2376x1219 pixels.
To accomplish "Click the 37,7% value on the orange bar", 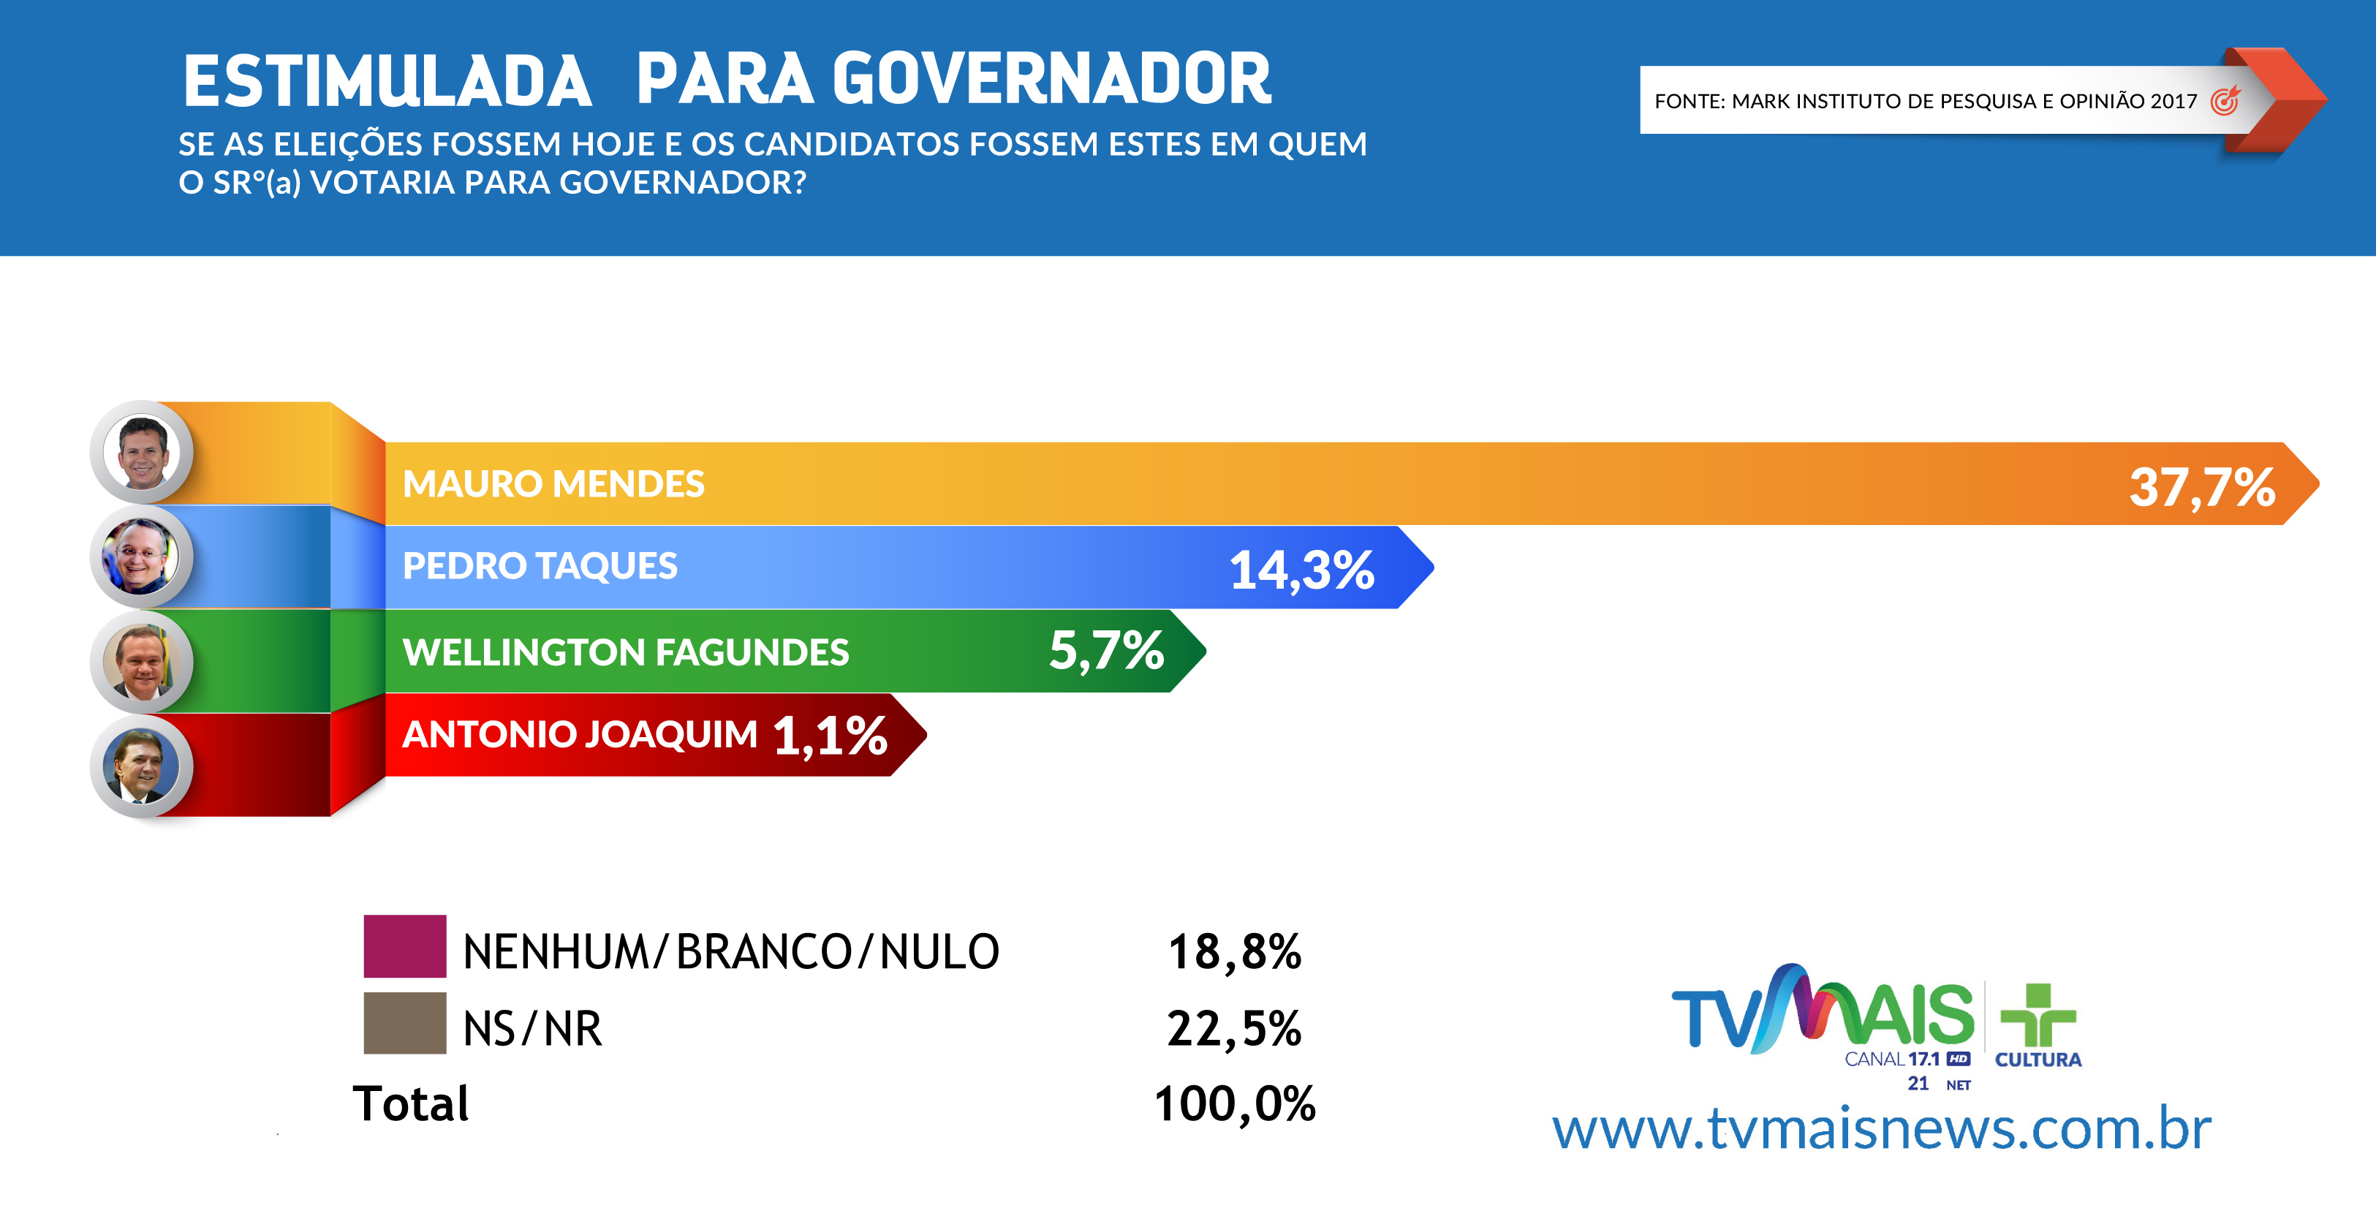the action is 2202,487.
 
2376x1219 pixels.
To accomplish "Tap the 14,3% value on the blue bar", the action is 1301,570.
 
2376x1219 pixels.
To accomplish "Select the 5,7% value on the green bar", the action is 1106,651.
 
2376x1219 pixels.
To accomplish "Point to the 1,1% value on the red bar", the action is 830,736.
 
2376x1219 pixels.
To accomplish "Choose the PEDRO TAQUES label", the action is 540,566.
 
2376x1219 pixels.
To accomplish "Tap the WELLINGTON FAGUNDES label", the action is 625,652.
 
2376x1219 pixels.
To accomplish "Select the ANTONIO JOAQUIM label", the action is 579,734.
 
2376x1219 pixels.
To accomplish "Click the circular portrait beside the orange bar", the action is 141,452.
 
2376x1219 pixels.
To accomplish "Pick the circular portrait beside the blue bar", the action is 141,556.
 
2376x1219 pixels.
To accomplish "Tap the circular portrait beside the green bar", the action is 141,662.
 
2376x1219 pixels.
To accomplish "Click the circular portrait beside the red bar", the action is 141,766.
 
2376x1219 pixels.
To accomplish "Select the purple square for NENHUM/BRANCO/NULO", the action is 405,946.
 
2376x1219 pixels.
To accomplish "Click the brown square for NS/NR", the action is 405,1022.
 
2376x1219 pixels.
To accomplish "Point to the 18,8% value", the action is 1234,951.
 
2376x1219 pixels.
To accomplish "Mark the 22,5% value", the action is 1234,1028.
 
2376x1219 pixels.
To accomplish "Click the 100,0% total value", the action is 1234,1103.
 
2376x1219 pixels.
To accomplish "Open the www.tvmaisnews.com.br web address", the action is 1882,1128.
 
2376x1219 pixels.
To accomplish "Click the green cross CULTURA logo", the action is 2038,1025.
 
